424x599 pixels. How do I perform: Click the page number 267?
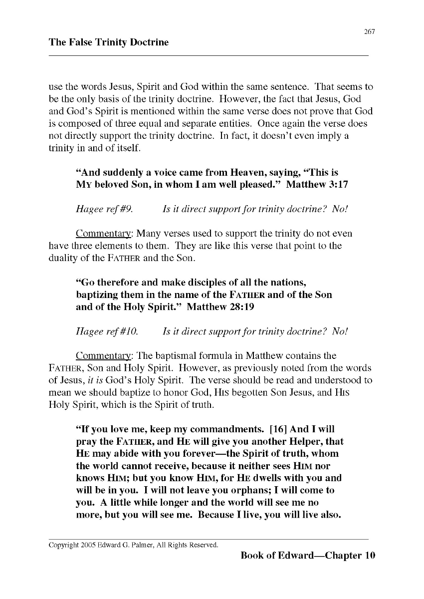pyautogui.click(x=369, y=32)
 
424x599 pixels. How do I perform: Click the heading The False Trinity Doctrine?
pyautogui.click(x=109, y=42)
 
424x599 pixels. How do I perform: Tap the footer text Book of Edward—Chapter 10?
pyautogui.click(x=307, y=556)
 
